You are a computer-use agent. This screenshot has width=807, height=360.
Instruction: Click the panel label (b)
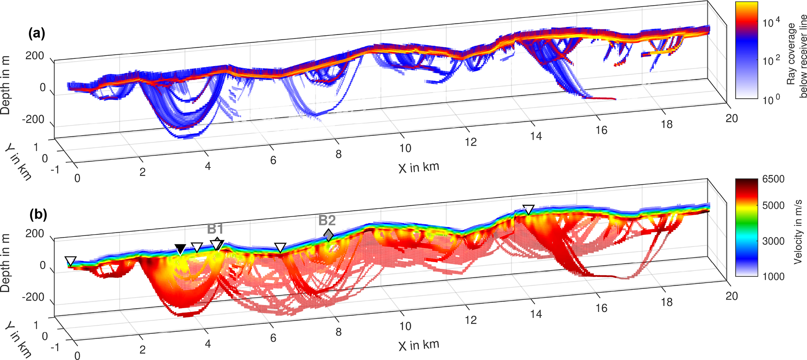point(38,214)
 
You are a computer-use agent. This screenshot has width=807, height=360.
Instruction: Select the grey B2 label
point(327,221)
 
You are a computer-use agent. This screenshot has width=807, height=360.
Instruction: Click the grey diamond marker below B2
point(329,235)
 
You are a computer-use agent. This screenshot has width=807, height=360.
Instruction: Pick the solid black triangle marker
point(180,249)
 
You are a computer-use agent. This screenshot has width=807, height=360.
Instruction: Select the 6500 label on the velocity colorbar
point(773,180)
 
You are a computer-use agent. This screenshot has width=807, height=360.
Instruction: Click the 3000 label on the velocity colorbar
point(773,241)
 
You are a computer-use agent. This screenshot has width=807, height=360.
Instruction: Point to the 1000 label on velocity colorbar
point(773,276)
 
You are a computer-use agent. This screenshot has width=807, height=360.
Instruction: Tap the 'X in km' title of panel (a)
point(419,168)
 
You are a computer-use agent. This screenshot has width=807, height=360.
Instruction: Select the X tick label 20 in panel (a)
point(731,118)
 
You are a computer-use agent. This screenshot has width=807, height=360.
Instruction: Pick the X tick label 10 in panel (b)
point(405,326)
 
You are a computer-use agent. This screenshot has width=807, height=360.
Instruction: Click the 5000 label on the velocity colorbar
point(773,206)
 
